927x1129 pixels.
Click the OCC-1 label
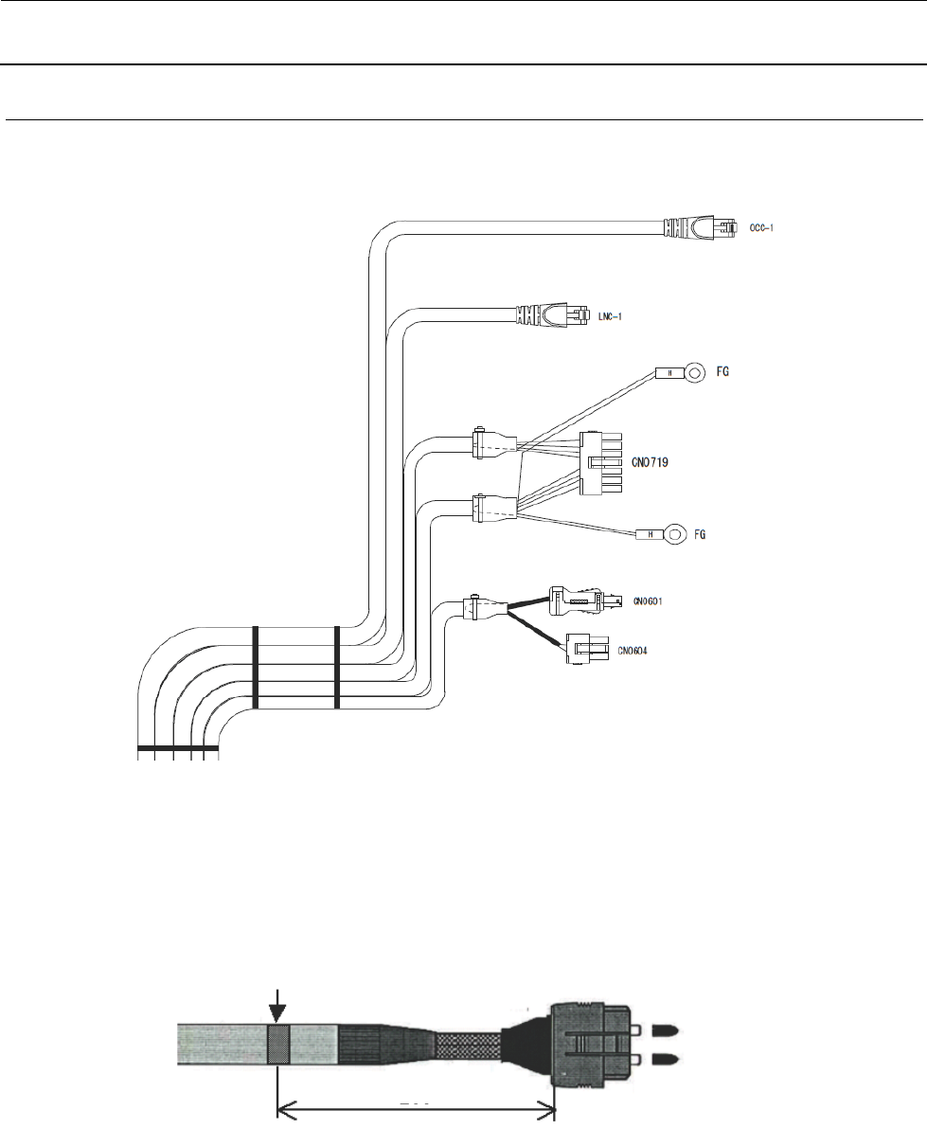click(761, 228)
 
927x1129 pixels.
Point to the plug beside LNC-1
click(548, 314)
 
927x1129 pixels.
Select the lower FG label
click(702, 535)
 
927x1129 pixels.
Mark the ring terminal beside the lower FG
click(674, 536)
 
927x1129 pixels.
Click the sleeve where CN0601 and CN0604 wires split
click(477, 609)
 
